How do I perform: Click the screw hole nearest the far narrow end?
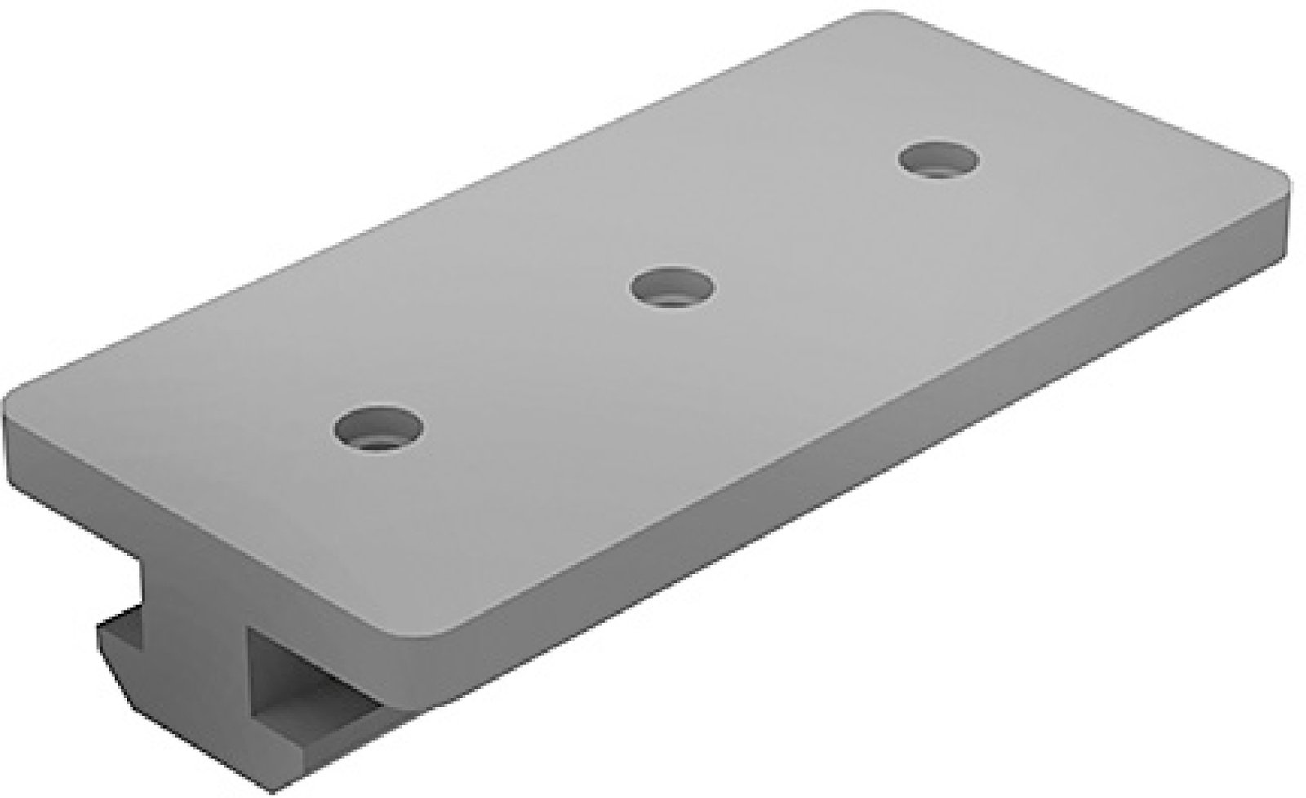[938, 158]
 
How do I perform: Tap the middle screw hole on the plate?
[672, 287]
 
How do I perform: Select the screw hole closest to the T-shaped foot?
[379, 428]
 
